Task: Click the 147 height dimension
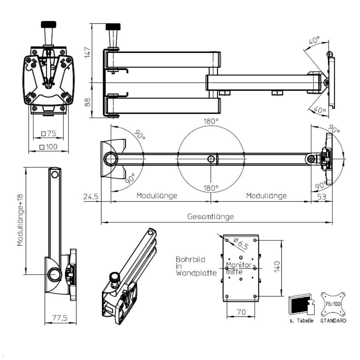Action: (x=87, y=52)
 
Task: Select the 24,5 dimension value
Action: (x=91, y=197)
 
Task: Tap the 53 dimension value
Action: (x=321, y=197)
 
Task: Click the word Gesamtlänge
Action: (x=211, y=216)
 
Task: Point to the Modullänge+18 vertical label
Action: (x=20, y=220)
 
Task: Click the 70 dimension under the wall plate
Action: (x=241, y=312)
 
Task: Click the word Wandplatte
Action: (x=196, y=273)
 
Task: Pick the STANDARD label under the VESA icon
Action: (x=333, y=321)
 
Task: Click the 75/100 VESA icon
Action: (x=333, y=304)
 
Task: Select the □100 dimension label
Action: (x=48, y=147)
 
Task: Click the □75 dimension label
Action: (x=49, y=134)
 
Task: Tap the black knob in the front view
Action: (x=49, y=24)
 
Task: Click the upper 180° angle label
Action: (x=211, y=121)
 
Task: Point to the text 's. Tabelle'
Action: (x=301, y=321)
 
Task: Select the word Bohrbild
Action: (x=190, y=259)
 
